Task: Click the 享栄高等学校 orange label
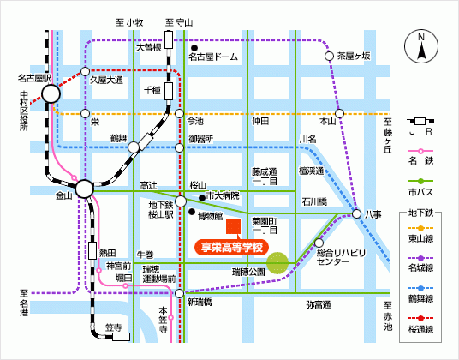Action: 231,248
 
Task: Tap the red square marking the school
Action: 233,227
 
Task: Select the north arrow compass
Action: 421,46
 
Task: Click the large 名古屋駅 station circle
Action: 51,94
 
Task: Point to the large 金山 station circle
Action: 84,189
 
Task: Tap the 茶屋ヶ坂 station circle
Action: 330,56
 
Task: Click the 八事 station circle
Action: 356,213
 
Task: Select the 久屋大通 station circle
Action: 85,71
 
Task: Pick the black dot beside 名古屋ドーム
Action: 194,48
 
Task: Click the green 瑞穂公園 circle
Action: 277,263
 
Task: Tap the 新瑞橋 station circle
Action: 179,293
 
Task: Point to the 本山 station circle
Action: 339,113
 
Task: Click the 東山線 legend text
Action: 420,239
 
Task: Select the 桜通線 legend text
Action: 420,329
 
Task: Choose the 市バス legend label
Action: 420,192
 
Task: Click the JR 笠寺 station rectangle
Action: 122,337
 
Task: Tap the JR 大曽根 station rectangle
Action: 169,39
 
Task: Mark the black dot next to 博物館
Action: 192,212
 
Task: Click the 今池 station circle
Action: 179,113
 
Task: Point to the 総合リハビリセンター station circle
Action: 319,243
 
